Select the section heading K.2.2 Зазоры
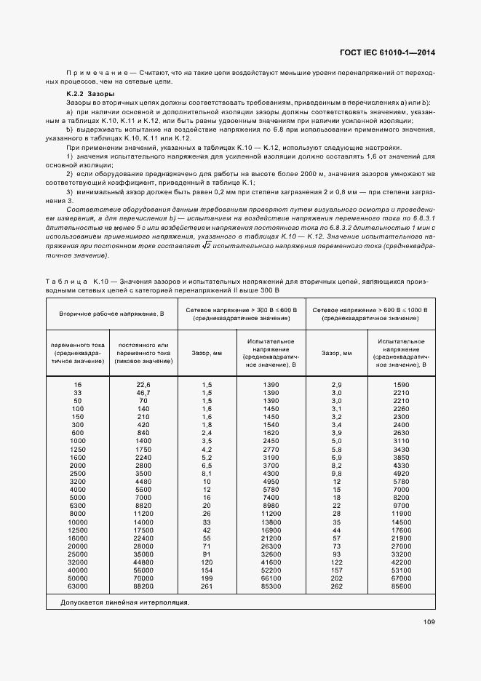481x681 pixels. point(89,95)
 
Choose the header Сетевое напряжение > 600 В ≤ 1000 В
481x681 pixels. point(370,314)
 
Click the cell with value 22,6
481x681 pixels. point(143,383)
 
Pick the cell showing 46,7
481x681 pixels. point(143,392)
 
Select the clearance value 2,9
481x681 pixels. point(337,383)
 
